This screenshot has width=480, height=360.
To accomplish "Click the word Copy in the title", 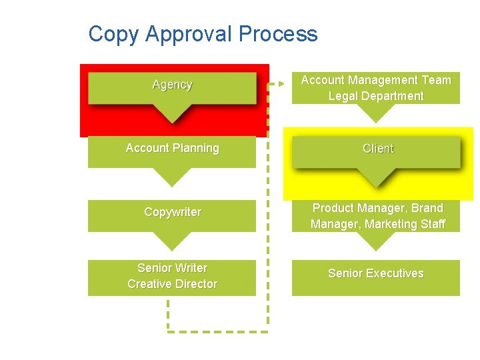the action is tap(112, 34).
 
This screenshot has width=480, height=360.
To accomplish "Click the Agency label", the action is tap(172, 85).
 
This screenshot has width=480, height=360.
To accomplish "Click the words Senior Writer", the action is tap(172, 268).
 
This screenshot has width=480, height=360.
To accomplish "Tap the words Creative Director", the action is tap(172, 284).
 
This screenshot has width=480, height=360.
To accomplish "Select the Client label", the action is tap(378, 149).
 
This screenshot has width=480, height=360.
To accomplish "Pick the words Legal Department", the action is tap(375, 96).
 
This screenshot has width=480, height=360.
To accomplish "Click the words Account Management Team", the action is tap(375, 80).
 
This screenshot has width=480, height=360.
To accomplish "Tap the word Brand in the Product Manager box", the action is tap(427, 208).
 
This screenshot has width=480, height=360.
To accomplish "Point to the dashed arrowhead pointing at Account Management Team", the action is tap(280, 85).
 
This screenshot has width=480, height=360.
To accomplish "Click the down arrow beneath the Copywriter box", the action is tap(172, 241).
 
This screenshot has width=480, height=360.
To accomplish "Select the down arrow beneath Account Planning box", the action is tap(172, 177).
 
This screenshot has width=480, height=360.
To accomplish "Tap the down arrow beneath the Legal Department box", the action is tap(375, 113).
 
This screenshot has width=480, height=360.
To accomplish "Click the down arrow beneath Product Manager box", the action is tap(375, 241).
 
